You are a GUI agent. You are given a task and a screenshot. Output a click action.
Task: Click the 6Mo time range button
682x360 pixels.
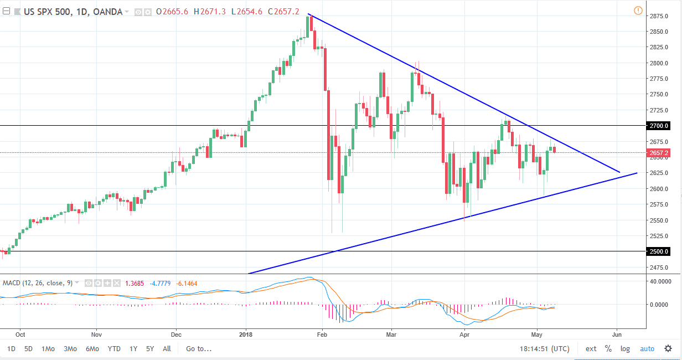point(92,349)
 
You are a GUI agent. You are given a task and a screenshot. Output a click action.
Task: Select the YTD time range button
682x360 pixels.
point(114,349)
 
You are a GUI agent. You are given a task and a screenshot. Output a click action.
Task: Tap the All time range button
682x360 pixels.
point(167,349)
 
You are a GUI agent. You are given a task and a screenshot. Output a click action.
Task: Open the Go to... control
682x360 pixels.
point(199,349)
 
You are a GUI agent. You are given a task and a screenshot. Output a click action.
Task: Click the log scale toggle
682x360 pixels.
point(625,349)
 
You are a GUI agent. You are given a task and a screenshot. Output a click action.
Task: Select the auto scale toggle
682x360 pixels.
point(647,349)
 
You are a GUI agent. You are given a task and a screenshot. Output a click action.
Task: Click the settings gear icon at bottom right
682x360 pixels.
point(668,349)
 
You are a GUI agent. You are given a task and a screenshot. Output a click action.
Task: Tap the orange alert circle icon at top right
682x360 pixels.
point(638,11)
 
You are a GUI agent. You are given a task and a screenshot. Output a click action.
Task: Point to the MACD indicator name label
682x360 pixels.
point(12,284)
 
